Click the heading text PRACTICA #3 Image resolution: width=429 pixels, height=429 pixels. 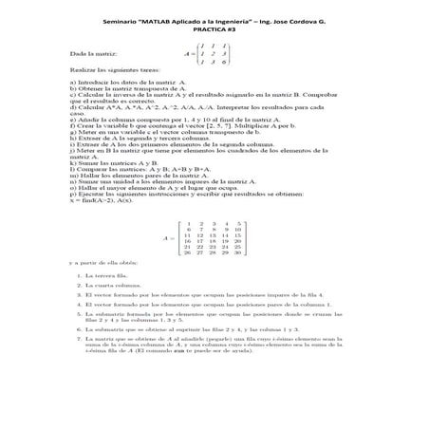point(214,28)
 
